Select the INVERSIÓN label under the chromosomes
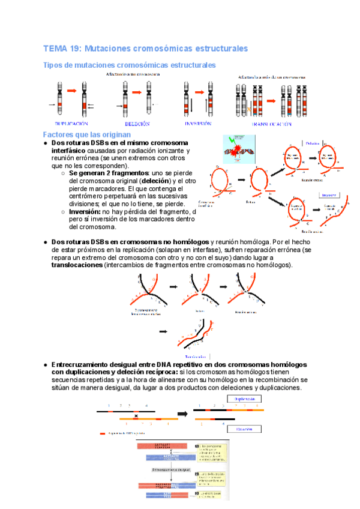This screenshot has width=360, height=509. pyautogui.click(x=199, y=124)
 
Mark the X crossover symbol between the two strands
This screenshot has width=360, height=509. pyautogui.click(x=137, y=415)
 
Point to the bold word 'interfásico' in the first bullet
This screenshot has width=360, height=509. pyautogui.click(x=68, y=151)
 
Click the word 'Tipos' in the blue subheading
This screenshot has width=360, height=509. pyautogui.click(x=55, y=65)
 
